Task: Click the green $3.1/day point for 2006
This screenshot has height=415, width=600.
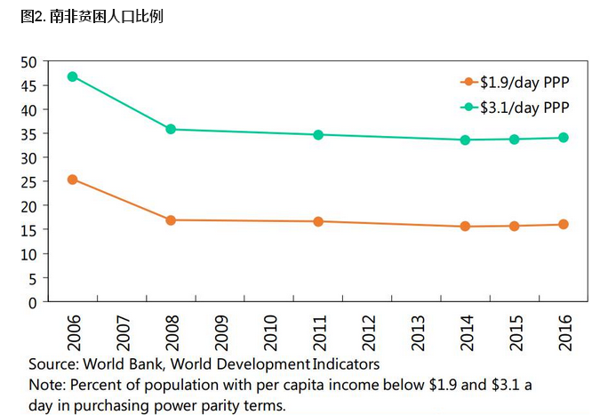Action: click(72, 76)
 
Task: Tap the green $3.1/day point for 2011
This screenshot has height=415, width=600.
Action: click(317, 134)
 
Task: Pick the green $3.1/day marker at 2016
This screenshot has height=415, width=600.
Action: click(564, 138)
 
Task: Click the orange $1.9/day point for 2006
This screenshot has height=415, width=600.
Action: click(72, 180)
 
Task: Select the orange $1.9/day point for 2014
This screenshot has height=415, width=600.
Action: click(465, 227)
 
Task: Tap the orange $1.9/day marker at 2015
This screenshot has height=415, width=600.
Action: click(515, 226)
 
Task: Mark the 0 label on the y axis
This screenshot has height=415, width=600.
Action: click(32, 302)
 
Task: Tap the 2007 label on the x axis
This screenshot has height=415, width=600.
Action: click(122, 331)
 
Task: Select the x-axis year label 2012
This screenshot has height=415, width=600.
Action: click(367, 331)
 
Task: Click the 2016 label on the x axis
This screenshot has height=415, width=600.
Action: click(564, 331)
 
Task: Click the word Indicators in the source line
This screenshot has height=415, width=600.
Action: click(346, 363)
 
